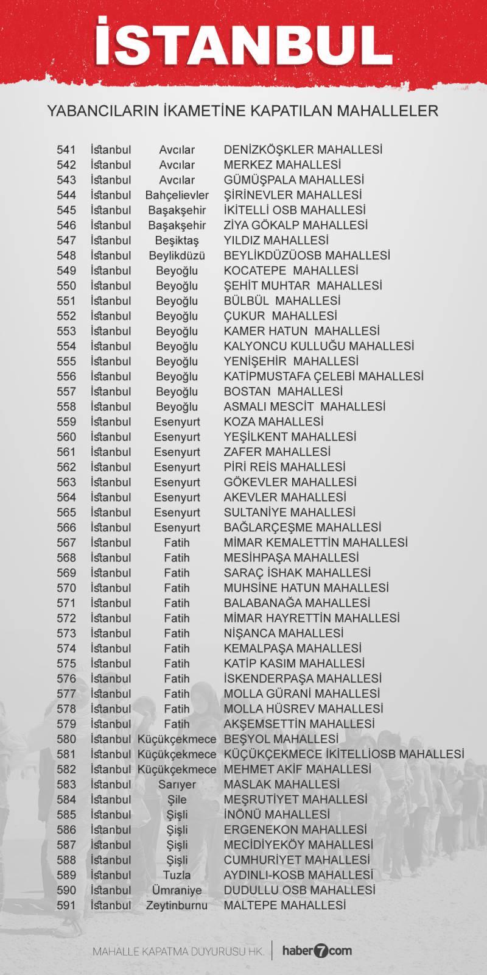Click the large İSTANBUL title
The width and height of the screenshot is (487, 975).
[243, 43]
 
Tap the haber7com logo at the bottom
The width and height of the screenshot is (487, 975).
[315, 951]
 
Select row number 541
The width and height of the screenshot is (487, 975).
[66, 150]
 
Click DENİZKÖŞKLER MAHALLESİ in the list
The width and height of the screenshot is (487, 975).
[303, 150]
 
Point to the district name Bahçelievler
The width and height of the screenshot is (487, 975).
[177, 195]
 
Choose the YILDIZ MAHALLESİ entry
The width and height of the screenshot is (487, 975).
[276, 241]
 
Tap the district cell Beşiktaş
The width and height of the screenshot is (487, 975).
[177, 241]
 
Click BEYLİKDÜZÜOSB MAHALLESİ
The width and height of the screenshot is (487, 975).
[306, 256]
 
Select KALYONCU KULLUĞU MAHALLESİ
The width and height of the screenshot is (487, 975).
[318, 346]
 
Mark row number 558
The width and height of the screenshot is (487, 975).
[66, 406]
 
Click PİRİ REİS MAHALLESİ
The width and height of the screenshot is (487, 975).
[284, 467]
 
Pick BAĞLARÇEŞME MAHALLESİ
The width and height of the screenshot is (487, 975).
[302, 528]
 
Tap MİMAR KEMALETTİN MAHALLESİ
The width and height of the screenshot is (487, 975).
[315, 543]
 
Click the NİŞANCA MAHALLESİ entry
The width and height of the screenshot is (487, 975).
[283, 633]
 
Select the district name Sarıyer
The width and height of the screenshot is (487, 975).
[177, 784]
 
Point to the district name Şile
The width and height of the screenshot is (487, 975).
[177, 799]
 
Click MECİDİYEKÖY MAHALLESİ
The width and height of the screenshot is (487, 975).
[298, 845]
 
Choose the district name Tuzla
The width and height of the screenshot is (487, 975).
[177, 875]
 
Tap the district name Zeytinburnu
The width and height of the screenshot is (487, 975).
[177, 906]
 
